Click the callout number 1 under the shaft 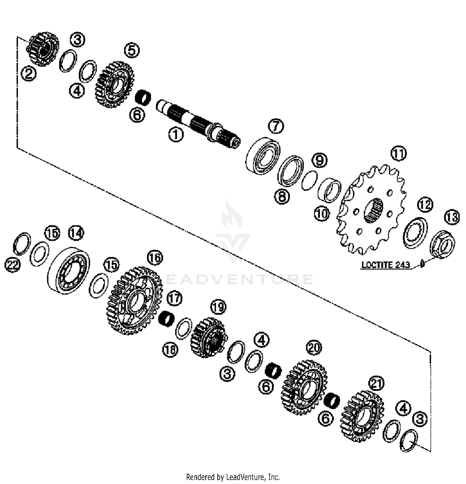pyautogui.click(x=176, y=135)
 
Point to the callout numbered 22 pyautogui.click(x=12, y=265)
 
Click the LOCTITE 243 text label pyautogui.click(x=386, y=265)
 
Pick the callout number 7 pyautogui.click(x=276, y=126)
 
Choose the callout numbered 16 pyautogui.click(x=155, y=258)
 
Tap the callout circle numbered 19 pyautogui.click(x=218, y=307)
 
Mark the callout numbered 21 pyautogui.click(x=376, y=384)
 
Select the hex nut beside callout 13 pyautogui.click(x=442, y=244)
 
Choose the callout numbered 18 pyautogui.click(x=170, y=350)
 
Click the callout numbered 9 pyautogui.click(x=320, y=160)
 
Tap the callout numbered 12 pyautogui.click(x=425, y=205)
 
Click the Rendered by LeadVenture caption pyautogui.click(x=233, y=477)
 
